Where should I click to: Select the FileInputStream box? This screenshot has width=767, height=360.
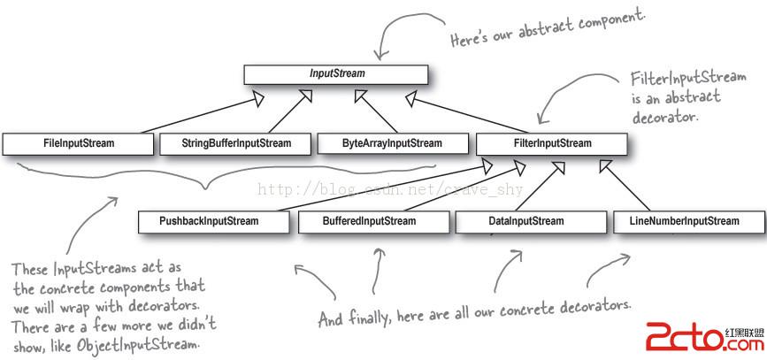click(x=78, y=142)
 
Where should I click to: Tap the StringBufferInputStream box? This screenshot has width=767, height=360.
click(x=235, y=142)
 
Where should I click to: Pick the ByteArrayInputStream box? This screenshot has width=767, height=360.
click(x=391, y=142)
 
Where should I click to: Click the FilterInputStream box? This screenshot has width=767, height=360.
click(x=552, y=142)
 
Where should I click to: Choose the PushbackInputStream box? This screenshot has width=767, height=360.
click(x=214, y=221)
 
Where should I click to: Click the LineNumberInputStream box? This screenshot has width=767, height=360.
click(x=689, y=221)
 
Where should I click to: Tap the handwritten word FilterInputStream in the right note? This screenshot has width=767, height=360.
click(x=677, y=79)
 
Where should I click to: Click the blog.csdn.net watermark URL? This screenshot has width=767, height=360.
click(x=389, y=189)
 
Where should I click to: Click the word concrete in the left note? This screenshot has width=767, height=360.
click(x=57, y=287)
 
